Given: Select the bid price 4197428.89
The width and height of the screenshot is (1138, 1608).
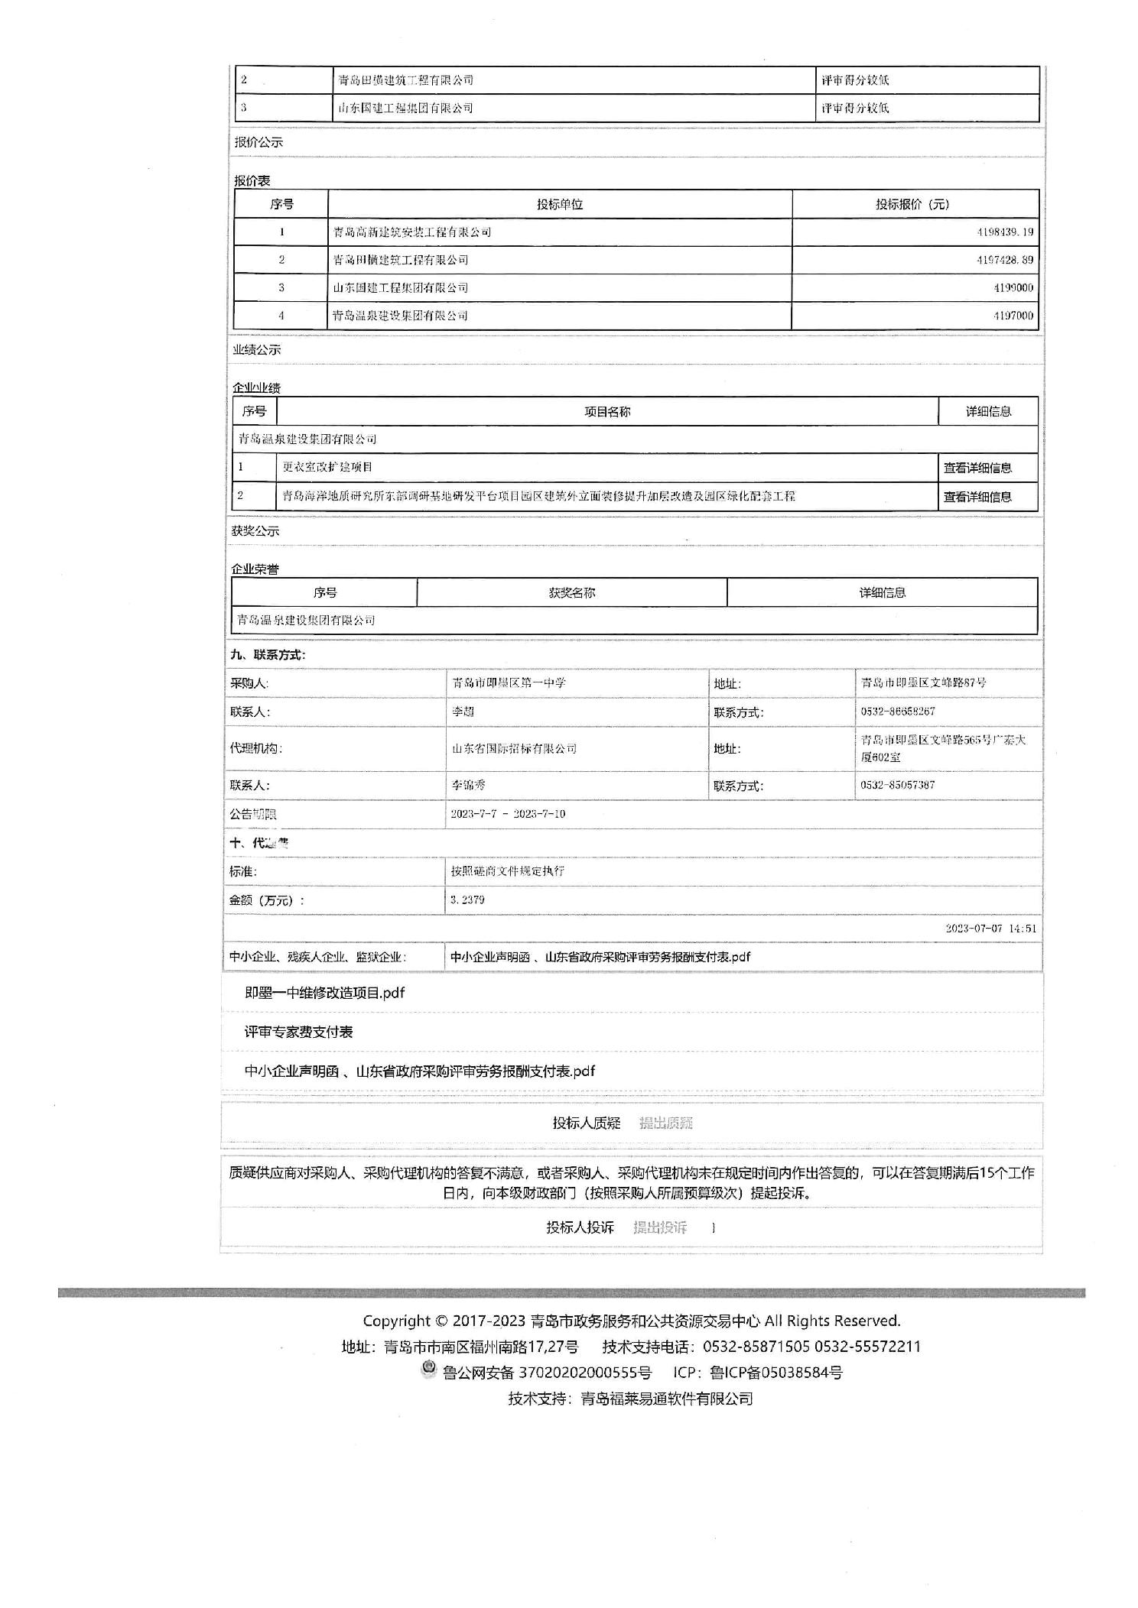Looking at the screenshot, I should pos(1004,260).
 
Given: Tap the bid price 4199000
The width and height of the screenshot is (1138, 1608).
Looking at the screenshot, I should pos(1013,287).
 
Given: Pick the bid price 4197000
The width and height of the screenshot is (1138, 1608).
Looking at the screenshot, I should pos(1013,316).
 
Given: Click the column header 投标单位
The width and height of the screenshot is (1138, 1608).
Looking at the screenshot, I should pos(559,204).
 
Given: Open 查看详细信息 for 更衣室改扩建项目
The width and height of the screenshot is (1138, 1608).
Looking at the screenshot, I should pos(977,468).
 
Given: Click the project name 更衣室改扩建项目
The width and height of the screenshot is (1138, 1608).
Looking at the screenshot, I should pos(327,467).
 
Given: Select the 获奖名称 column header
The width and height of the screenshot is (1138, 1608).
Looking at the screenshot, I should pos(571,592).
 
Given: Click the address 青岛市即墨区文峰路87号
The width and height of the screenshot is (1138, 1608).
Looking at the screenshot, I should pos(923,682).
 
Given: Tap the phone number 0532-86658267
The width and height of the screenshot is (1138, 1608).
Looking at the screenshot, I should pos(897,712).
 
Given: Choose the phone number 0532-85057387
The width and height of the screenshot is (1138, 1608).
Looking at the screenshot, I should pos(897,785).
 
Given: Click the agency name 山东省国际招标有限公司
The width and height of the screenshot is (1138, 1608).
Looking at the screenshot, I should pos(514,748).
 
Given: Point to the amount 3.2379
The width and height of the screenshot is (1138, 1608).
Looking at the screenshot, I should pos(467,900).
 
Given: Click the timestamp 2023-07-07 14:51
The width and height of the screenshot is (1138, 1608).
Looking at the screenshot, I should pos(990,929).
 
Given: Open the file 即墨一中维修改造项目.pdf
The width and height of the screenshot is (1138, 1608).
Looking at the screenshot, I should pos(324,993).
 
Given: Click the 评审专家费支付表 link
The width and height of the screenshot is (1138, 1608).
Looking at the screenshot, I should pos(298,1032).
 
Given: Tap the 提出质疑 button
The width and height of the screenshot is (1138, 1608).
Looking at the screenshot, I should pos(665,1123).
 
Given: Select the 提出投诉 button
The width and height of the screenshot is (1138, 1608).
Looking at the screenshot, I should pos(659,1227).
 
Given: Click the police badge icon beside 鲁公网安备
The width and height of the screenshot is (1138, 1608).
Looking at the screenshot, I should pos(428,1370).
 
